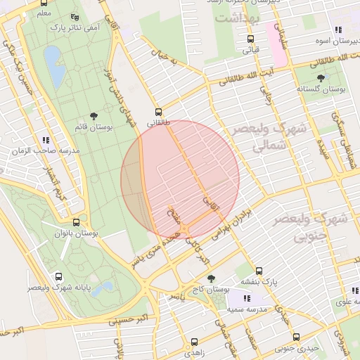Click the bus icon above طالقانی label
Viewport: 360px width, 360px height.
158,112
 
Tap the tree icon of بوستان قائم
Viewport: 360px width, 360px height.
94,116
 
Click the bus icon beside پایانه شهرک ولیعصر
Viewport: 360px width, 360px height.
58,277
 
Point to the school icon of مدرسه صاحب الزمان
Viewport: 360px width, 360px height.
46,141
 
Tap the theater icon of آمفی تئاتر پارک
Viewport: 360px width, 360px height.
75,17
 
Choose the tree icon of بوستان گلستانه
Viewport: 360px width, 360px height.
321,78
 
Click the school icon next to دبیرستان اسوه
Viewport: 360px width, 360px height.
338,30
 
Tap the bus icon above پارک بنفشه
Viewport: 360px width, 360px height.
259,271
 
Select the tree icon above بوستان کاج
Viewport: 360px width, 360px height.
212,279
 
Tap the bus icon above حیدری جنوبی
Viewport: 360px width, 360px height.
296,337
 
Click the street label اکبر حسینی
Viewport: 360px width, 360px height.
128,320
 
